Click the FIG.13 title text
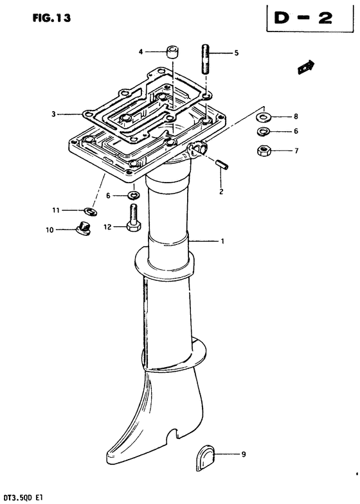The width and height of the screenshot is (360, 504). [51, 18]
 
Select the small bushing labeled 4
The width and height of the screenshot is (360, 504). [173, 53]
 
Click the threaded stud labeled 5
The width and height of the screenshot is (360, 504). [206, 60]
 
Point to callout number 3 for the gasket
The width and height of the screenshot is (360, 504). [54, 114]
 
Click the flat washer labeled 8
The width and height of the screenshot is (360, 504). [264, 117]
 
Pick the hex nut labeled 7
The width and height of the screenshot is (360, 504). [265, 150]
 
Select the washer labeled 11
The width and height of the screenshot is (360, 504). [91, 211]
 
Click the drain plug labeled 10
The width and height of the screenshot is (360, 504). [84, 228]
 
